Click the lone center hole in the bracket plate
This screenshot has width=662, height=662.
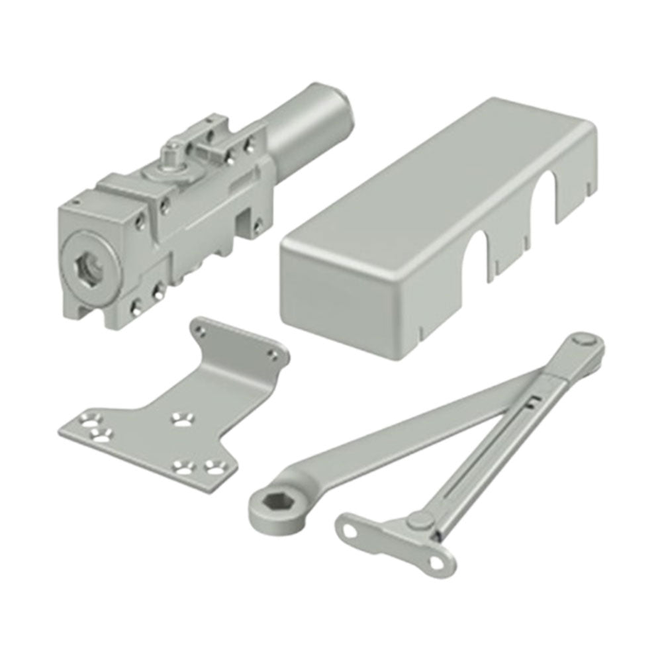tap(179, 418)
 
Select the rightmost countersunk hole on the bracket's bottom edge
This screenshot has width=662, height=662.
tap(213, 466)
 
